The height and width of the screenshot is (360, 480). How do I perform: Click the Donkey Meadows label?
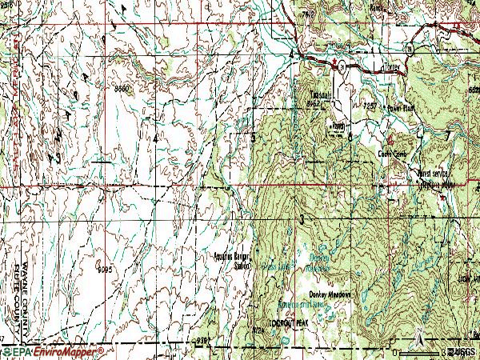pos(331,293)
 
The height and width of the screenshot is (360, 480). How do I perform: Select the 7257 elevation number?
pos(370,104)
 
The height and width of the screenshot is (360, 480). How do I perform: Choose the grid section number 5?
pos(254,138)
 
